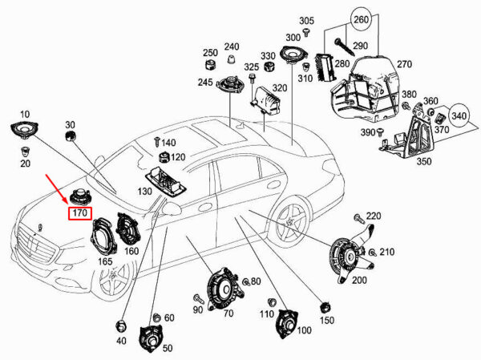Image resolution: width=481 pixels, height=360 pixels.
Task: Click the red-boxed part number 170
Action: [x=79, y=212]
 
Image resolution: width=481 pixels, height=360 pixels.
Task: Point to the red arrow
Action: [x=57, y=189]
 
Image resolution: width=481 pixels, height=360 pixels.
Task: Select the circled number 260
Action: [x=361, y=19]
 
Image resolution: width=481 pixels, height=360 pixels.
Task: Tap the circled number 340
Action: [x=459, y=116]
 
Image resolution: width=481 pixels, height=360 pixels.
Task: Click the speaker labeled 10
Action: [x=24, y=130]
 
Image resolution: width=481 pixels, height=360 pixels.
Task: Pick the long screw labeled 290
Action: [x=345, y=47]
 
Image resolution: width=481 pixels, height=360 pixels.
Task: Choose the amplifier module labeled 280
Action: [x=325, y=68]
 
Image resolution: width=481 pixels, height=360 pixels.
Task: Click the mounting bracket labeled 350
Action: [x=409, y=135]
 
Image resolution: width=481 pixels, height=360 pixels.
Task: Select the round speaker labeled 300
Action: [x=293, y=54]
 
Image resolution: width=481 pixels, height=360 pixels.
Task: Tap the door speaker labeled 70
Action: [x=224, y=289]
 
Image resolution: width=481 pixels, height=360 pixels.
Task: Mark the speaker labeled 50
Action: [x=151, y=338]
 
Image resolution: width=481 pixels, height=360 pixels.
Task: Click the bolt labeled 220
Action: [x=358, y=218]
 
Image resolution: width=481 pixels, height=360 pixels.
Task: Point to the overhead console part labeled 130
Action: [x=166, y=181]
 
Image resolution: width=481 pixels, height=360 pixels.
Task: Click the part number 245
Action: [x=205, y=82]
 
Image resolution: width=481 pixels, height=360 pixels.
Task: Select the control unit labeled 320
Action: [x=265, y=99]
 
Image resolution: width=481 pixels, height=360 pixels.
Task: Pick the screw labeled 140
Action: [x=157, y=141]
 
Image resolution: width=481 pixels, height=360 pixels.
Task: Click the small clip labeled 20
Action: [x=24, y=152]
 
